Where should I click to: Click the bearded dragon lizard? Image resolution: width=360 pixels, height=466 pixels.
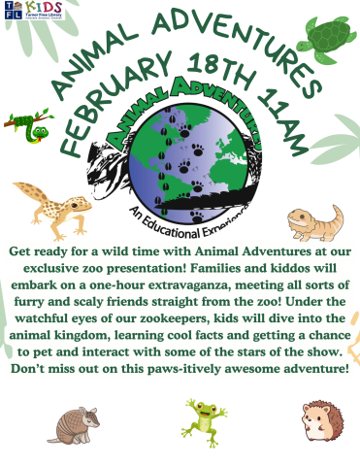point(316,222)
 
